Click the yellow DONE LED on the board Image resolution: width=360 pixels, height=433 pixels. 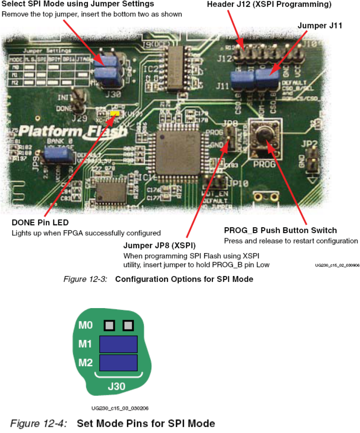click(114, 113)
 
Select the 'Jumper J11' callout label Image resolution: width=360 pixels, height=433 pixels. click(320, 25)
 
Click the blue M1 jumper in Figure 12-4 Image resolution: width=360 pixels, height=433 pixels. click(118, 345)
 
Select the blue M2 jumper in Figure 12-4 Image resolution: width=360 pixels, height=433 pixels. click(118, 363)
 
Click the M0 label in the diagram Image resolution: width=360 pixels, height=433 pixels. click(85, 326)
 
